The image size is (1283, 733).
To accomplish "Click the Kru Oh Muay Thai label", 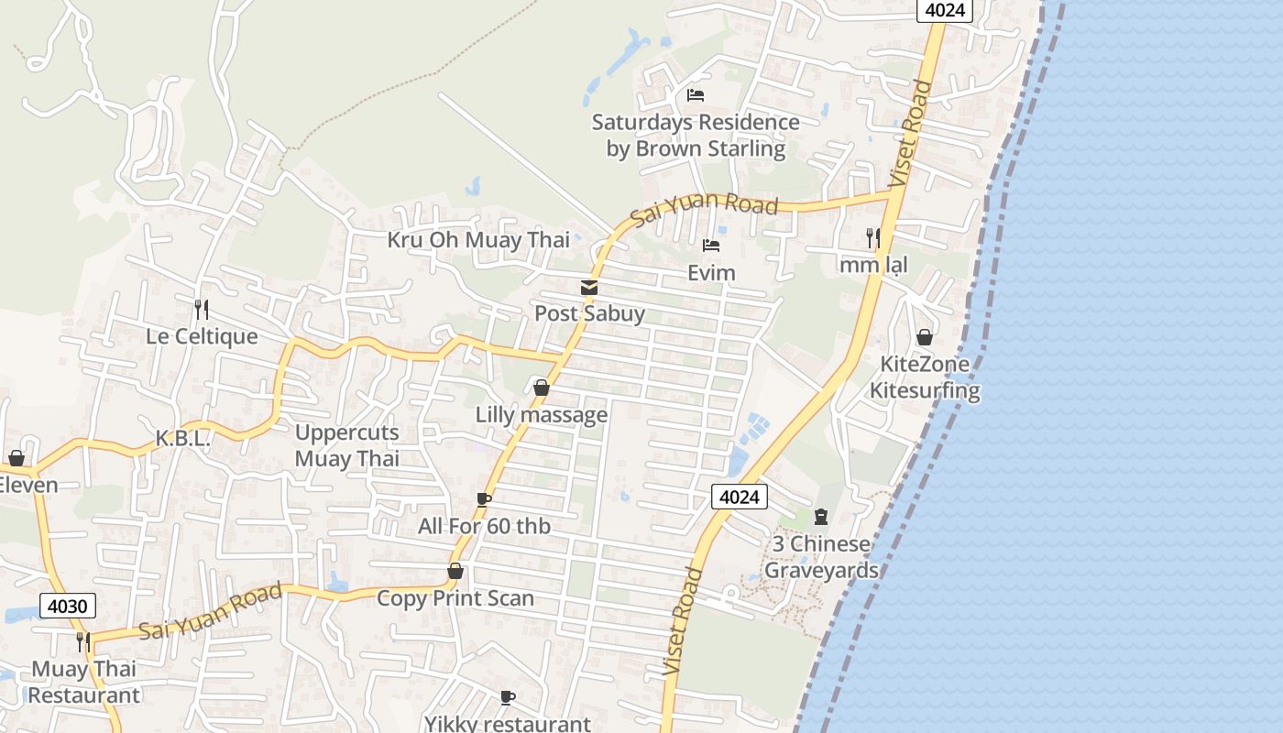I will [478, 240].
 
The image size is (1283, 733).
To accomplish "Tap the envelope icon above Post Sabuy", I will [589, 288].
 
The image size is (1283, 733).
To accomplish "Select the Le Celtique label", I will [202, 336].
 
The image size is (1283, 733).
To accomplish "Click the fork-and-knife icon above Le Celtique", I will [202, 310].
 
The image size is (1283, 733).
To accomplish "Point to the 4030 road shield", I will [68, 606].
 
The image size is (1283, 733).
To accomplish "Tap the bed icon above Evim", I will [710, 246].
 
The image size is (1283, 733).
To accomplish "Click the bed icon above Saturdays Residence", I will [696, 95].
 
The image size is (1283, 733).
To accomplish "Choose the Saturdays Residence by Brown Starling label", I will [696, 136].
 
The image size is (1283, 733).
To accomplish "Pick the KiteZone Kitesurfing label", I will [925, 377].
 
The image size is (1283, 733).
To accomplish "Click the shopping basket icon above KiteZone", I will [925, 337].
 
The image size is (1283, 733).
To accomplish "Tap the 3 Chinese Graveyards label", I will [821, 557].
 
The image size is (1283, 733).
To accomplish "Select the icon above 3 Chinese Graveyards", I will [820, 517].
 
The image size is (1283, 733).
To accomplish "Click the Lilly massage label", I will [541, 415].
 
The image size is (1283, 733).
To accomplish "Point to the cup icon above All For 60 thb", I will [483, 499].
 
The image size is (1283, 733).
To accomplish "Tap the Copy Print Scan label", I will [455, 598].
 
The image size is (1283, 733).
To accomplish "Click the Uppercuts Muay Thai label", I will [346, 445].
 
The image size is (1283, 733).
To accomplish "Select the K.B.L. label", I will [182, 438].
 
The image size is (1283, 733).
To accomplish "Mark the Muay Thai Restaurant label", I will [83, 682].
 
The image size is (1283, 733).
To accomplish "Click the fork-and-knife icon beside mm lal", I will [872, 238].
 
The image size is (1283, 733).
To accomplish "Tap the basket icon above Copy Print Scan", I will [455, 572].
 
